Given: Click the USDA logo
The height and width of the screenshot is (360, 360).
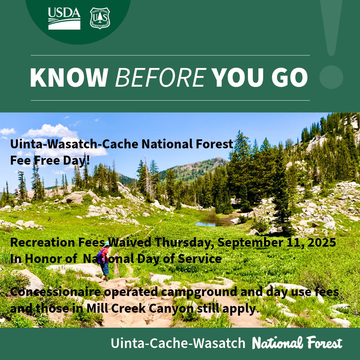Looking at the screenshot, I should tap(64, 19).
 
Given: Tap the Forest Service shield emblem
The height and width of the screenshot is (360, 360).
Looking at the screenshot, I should tap(100, 18).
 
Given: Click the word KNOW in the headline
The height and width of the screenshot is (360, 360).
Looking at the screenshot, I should tap(68, 78).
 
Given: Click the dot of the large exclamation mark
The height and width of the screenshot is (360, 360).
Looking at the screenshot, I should tap(331, 77).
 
